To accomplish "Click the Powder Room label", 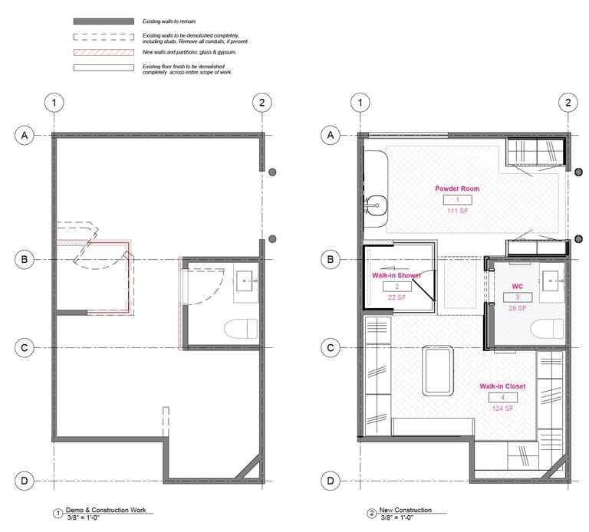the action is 457,189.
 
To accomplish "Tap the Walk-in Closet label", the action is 502,386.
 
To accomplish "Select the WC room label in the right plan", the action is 517,287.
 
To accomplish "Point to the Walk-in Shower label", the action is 397,275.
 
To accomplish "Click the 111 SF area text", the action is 458,211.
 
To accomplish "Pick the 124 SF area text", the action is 502,408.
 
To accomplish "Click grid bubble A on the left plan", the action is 25,135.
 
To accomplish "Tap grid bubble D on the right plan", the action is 331,481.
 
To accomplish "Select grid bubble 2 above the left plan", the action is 262,103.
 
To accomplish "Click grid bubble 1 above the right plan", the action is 360,103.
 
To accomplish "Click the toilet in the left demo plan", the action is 241,329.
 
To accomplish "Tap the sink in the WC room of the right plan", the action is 553,281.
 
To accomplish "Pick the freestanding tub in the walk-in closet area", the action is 438,371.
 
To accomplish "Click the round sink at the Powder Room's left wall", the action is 377,205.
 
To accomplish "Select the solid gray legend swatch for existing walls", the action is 104,21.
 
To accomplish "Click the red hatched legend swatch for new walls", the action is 104,53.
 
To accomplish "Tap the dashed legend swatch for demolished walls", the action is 104,37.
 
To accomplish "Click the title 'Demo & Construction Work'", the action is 106,510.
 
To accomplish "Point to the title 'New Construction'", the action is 405,510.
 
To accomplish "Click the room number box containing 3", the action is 518,297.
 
